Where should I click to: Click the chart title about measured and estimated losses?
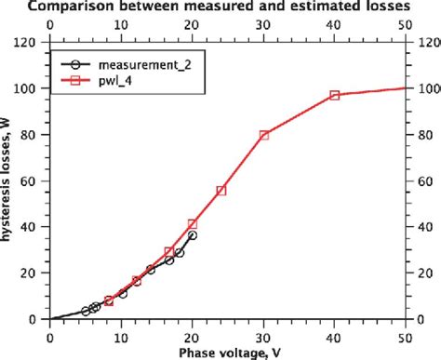[x=228, y=8]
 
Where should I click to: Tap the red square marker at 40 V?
[x=334, y=96]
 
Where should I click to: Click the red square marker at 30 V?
[x=263, y=135]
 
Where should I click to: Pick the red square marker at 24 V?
[x=220, y=191]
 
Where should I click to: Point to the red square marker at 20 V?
[x=193, y=224]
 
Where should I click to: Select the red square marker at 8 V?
[x=108, y=300]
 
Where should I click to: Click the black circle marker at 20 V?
[x=192, y=235]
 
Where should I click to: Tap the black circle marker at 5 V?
[x=86, y=311]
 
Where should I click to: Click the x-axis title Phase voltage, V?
[x=228, y=352]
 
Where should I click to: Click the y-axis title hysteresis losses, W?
[x=8, y=181]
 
